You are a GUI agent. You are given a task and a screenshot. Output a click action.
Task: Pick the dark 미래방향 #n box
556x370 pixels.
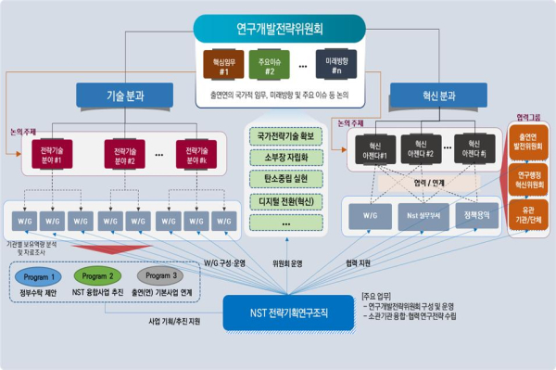335,65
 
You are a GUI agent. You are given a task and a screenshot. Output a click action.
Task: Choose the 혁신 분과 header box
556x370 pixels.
433,96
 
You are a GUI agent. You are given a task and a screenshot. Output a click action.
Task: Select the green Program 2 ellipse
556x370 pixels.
99,276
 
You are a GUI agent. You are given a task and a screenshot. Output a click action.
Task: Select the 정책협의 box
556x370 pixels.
480,219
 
